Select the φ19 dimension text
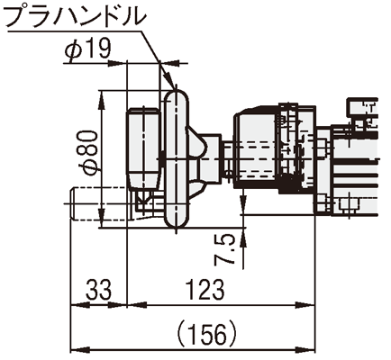(87, 49)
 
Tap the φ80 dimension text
(91, 152)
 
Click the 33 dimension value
(98, 290)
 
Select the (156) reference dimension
(206, 335)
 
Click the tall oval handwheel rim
(177, 158)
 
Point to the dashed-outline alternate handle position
(100, 204)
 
